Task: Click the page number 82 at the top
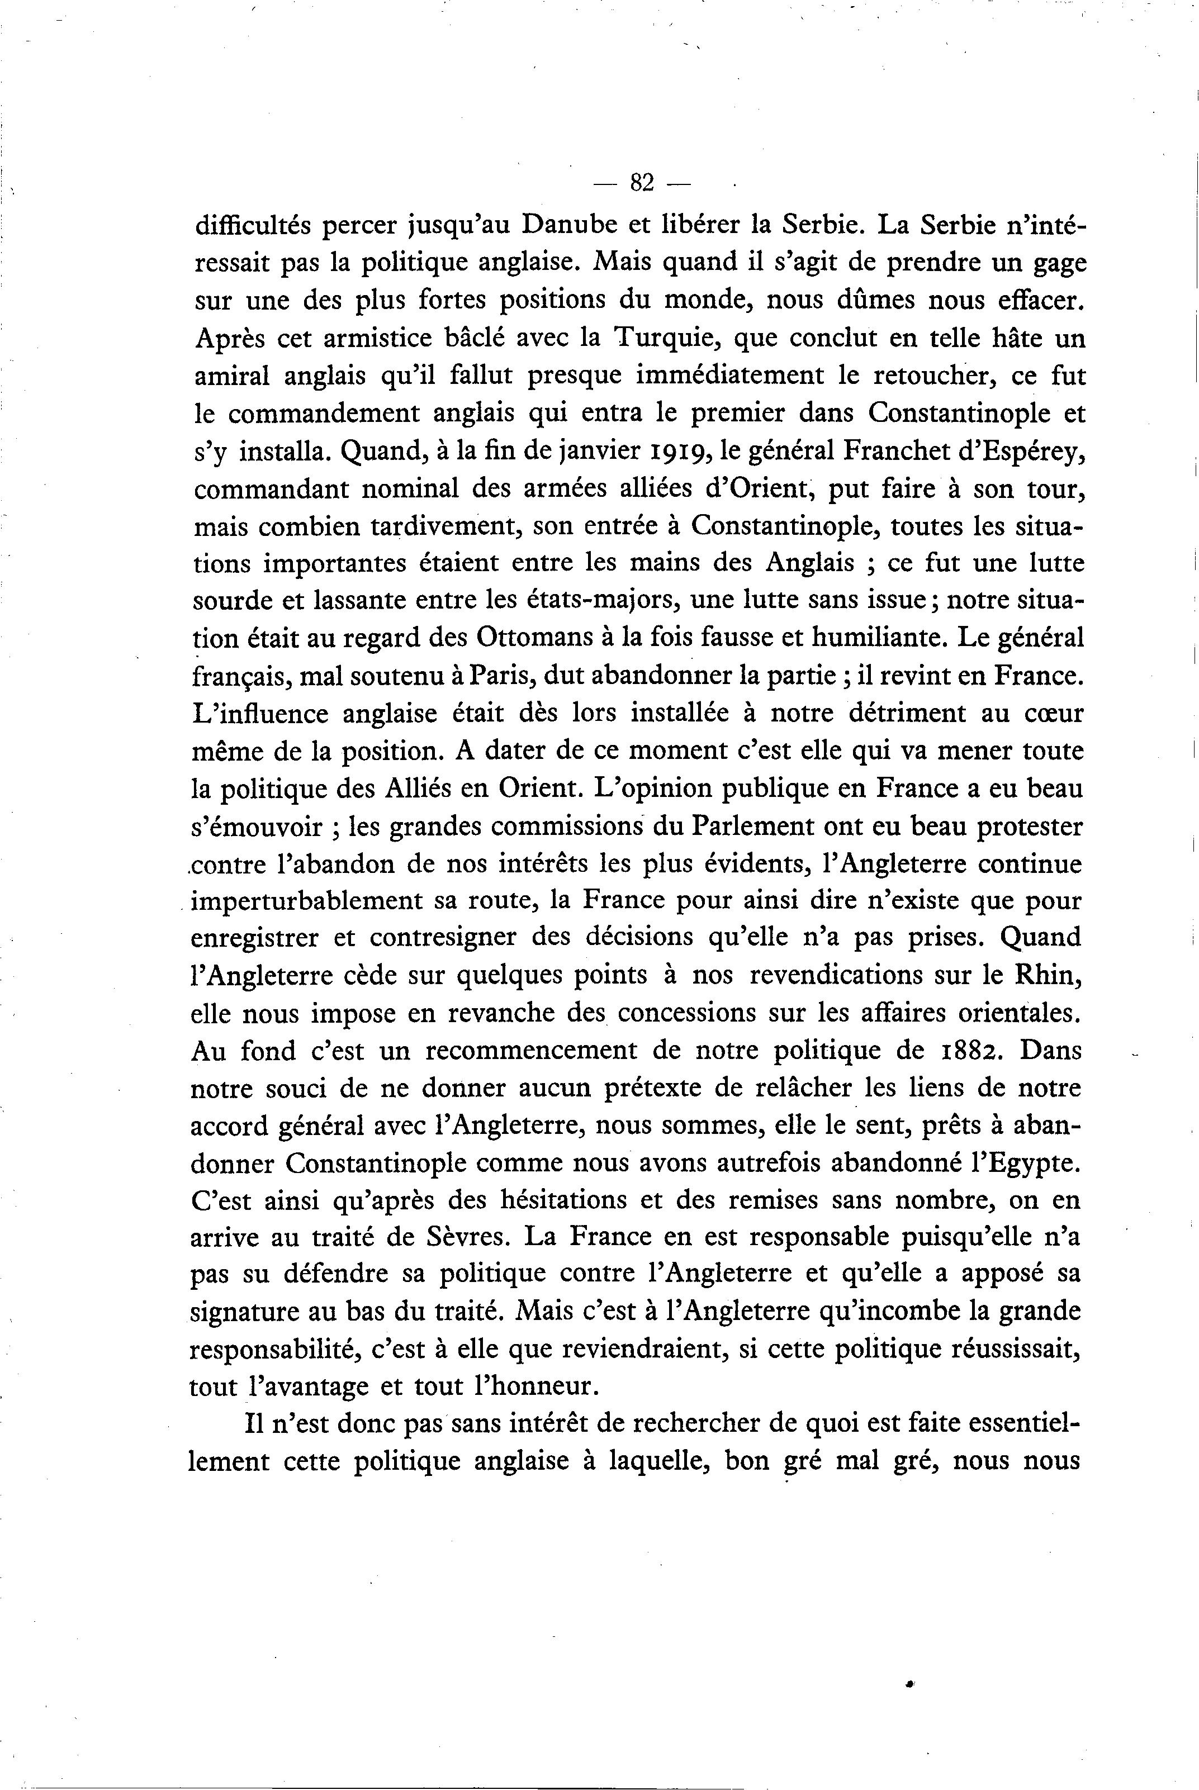pyautogui.click(x=641, y=183)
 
